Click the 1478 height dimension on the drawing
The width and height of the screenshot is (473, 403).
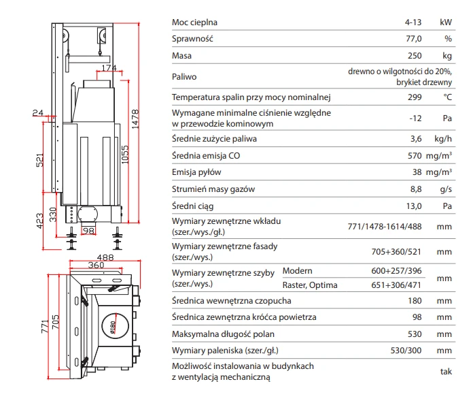point(135,119)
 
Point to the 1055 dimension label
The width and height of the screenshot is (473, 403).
point(125,155)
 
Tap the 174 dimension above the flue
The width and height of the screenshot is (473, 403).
point(109,67)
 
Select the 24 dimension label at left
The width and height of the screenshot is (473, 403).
point(38,112)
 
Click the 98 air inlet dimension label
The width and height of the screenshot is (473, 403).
point(88,231)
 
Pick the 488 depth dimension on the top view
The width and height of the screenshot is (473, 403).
point(105,257)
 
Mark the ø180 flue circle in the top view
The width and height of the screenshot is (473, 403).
point(116,325)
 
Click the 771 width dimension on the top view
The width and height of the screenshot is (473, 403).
point(45,326)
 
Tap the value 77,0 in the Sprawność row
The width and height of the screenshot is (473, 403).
point(414,39)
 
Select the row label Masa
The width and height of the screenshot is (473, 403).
point(181,56)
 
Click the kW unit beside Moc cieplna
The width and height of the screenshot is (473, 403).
point(446,22)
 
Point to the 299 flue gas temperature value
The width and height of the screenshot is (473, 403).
point(415,97)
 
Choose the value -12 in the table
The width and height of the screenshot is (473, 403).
point(415,118)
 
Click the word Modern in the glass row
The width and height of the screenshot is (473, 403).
point(297,271)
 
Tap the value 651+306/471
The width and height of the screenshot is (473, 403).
point(396,285)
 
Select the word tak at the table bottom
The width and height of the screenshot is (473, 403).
point(446,371)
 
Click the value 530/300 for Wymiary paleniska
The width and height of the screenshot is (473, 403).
point(406,351)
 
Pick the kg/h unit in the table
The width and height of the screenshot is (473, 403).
point(443,139)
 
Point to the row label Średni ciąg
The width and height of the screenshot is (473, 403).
point(193,206)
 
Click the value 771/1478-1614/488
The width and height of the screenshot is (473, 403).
point(385,227)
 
